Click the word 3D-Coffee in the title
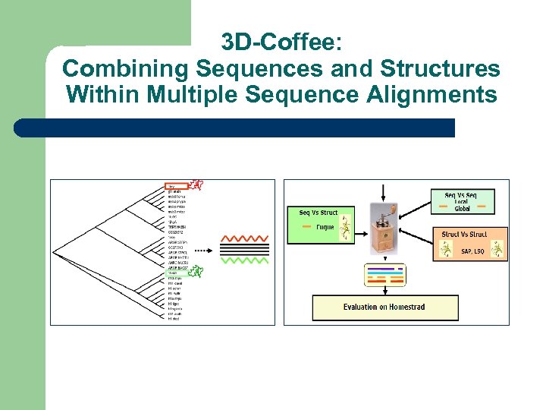281,42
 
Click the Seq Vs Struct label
318,213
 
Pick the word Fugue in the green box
325,226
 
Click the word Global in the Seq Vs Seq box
463,208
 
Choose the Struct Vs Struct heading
464,235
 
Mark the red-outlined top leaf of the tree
176,185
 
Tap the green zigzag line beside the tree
244,259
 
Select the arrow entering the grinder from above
384,191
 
